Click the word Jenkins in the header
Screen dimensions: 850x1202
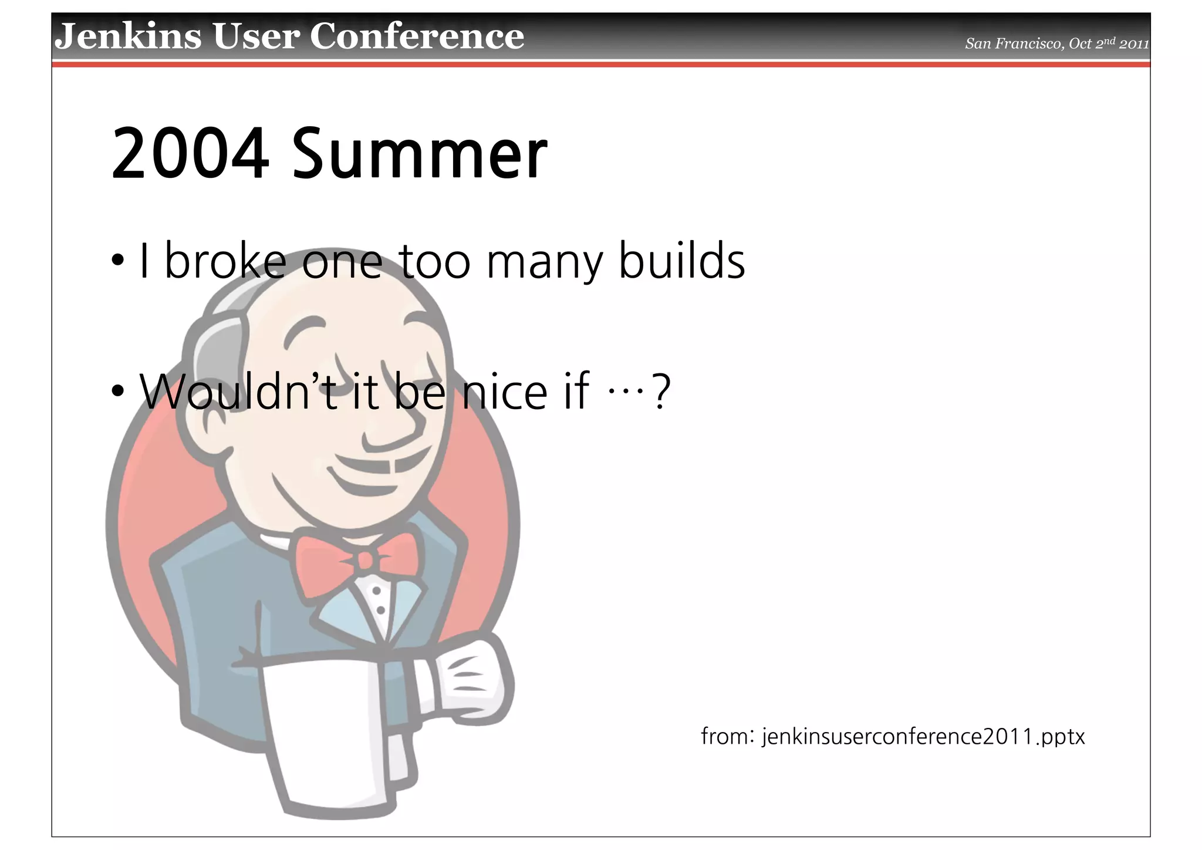[x=128, y=36]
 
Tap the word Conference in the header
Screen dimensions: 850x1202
[x=417, y=36]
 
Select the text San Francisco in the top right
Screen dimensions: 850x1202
[x=1013, y=44]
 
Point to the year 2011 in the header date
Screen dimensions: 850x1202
[x=1134, y=44]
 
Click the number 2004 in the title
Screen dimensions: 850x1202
[x=190, y=155]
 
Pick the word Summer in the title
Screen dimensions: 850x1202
[x=419, y=155]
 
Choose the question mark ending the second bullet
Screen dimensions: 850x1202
[x=661, y=392]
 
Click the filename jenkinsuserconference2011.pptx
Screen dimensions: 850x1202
[x=923, y=736]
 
